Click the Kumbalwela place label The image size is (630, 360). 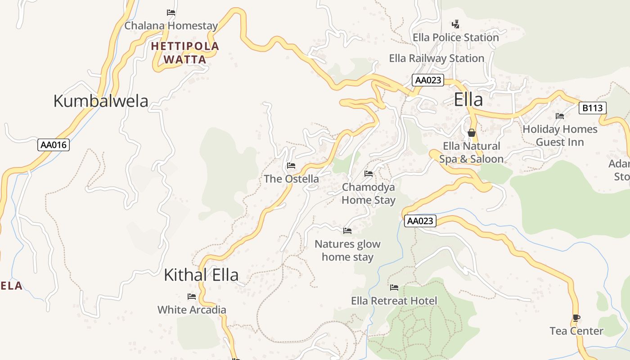point(101,101)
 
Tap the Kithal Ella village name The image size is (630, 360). point(201,274)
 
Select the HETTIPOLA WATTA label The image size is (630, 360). point(185,53)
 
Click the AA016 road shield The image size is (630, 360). point(54,145)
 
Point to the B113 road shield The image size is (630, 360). point(592,108)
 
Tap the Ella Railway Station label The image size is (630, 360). point(436,58)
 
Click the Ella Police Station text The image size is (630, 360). point(456,37)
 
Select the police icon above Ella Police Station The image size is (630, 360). point(456,24)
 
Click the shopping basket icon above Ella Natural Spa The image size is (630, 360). point(472,133)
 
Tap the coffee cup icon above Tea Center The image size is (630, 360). point(576,318)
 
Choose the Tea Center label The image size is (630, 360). point(576,331)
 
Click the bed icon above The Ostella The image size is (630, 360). point(291,166)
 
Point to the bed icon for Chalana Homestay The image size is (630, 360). point(171,13)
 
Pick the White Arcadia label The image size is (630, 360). point(192,310)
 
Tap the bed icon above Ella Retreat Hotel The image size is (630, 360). point(394,287)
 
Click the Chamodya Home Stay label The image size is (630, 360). point(369,193)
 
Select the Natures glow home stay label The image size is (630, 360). point(347,251)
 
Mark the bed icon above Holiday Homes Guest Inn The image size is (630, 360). point(560,116)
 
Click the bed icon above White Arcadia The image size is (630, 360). point(192,296)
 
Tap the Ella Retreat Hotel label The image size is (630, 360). point(394,301)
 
